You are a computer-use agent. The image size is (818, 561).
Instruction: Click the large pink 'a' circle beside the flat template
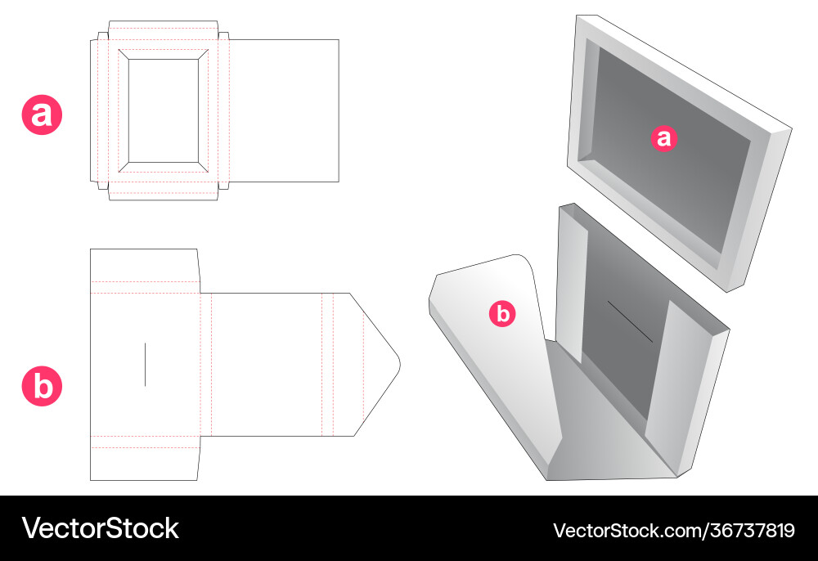(42, 114)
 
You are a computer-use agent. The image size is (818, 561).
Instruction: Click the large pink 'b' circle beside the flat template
(42, 386)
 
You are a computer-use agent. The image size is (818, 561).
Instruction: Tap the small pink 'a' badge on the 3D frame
(663, 138)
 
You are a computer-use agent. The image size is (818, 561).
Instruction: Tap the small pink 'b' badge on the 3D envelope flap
(502, 314)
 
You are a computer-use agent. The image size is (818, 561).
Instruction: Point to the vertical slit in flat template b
(145, 365)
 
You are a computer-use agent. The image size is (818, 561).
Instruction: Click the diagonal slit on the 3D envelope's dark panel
(630, 321)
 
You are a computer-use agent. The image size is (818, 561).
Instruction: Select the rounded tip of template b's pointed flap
(399, 363)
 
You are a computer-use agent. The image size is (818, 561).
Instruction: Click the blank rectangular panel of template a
(285, 110)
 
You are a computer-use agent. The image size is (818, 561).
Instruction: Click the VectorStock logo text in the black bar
(100, 528)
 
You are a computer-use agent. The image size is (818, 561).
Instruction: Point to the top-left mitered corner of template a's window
(124, 54)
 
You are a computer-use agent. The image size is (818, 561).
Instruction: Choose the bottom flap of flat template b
(145, 458)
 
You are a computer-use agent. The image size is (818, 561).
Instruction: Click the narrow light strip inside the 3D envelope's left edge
(573, 284)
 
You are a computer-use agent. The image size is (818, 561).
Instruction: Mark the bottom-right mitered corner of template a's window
(204, 167)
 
